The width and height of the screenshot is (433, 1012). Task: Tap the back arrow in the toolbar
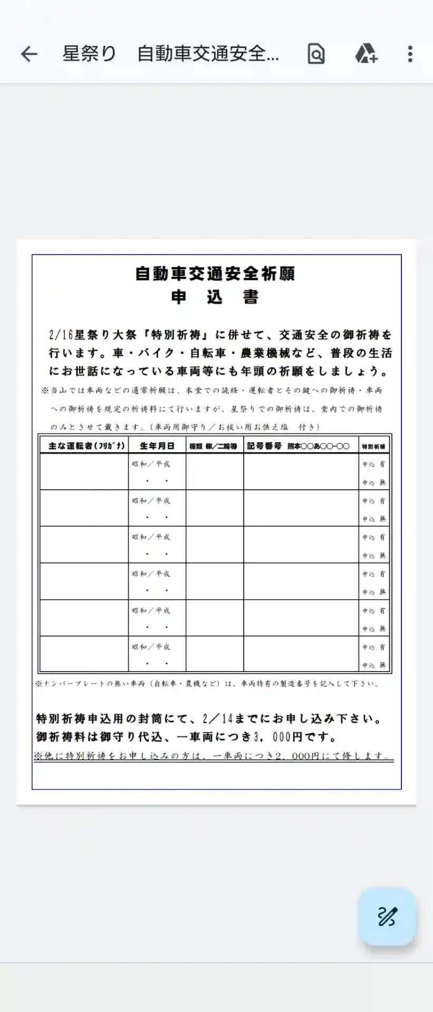point(30,54)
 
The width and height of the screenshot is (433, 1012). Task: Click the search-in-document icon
point(316,54)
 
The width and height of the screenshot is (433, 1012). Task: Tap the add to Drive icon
point(366,54)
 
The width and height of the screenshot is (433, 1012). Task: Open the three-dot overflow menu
point(410,54)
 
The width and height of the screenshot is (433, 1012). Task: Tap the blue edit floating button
point(387,917)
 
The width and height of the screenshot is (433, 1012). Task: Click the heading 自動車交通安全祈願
point(215,274)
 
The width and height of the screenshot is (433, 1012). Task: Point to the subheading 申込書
point(215,298)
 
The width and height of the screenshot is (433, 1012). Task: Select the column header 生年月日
point(157,446)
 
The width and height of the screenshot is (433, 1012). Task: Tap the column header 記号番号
point(264,446)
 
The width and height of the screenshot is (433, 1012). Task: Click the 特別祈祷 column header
point(373,446)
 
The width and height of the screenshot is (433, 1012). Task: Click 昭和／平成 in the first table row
point(151,464)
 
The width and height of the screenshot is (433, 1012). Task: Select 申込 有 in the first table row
point(374,464)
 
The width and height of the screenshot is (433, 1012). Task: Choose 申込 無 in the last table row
point(374,665)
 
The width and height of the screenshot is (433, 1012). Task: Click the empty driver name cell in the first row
point(84,472)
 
